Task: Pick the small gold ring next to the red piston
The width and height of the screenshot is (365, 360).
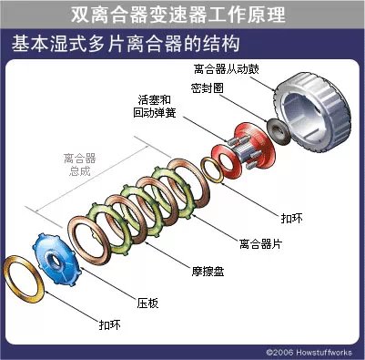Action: pyautogui.click(x=215, y=168)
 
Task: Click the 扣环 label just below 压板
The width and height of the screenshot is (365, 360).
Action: pyautogui.click(x=109, y=324)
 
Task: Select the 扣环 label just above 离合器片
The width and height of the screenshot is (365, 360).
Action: pyautogui.click(x=293, y=217)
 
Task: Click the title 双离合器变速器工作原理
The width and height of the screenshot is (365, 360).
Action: pyautogui.click(x=181, y=15)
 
